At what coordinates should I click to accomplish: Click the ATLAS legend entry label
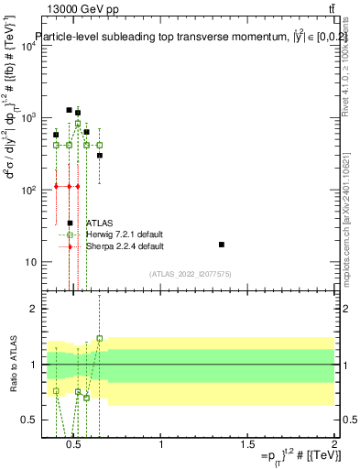pyautogui.click(x=100, y=223)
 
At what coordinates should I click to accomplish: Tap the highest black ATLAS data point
pyautogui.click(x=69, y=110)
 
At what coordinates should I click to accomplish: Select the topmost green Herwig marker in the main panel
pyautogui.click(x=78, y=124)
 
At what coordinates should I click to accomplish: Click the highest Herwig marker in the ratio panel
pyautogui.click(x=100, y=338)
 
